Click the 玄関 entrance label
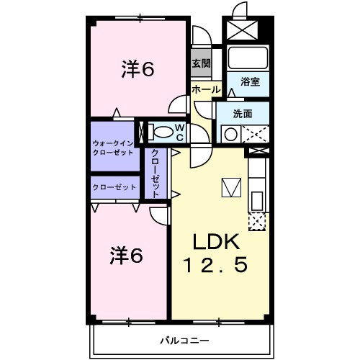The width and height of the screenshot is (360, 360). coord(201,64)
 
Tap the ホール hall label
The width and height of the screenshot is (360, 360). coord(206,89)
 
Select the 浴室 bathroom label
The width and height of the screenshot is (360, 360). coord(250,83)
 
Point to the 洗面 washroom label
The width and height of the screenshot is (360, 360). coord(243,114)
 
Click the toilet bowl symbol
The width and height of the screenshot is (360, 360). coord(165,132)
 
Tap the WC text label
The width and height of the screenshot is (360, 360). coord(180,132)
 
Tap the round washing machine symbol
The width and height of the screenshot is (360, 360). coord(230,134)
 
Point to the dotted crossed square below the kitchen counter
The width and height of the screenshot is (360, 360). coord(257,221)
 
